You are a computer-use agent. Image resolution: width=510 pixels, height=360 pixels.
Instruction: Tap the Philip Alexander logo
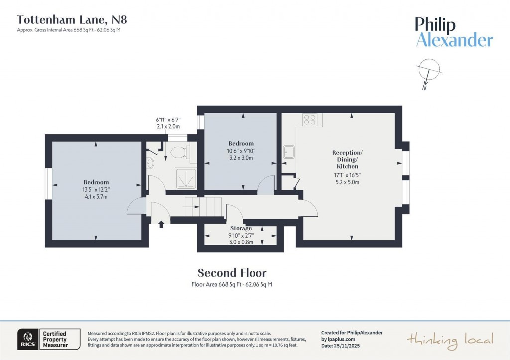(x=454, y=32)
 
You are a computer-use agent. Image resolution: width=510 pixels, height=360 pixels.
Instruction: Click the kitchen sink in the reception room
(x=289, y=152)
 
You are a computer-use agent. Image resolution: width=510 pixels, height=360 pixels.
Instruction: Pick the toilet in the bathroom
(x=178, y=152)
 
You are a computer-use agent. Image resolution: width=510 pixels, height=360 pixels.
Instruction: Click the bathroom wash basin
(x=151, y=162)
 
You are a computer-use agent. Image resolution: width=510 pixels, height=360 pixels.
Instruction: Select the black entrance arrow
(x=161, y=224)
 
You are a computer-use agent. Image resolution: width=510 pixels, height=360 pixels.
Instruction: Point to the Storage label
(x=241, y=228)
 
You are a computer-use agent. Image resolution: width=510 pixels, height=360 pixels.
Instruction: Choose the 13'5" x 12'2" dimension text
(x=96, y=190)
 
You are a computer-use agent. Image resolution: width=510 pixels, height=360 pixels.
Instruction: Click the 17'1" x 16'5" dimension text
(x=347, y=175)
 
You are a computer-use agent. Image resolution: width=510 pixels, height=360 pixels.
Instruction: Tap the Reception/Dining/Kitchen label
(x=347, y=159)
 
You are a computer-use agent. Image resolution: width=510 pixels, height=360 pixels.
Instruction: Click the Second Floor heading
(x=232, y=273)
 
